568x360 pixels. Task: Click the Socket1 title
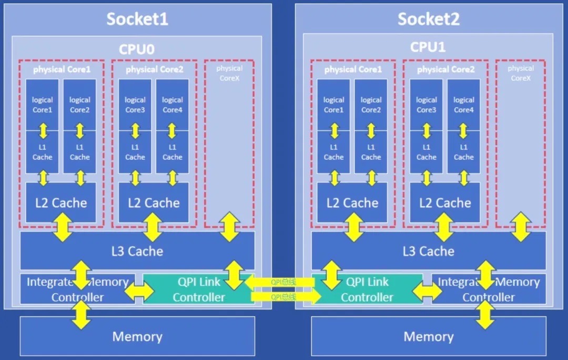pyautogui.click(x=137, y=19)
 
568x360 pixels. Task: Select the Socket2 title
pyautogui.click(x=428, y=19)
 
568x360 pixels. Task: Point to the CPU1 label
pyautogui.click(x=428, y=47)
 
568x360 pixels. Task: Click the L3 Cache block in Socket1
pyautogui.click(x=137, y=251)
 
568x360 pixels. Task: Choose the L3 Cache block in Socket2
pyautogui.click(x=428, y=251)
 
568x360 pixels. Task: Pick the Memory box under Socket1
pyautogui.click(x=137, y=336)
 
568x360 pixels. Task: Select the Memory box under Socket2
pyautogui.click(x=428, y=336)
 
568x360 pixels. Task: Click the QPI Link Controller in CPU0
pyautogui.click(x=198, y=289)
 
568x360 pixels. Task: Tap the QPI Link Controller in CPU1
pyautogui.click(x=367, y=289)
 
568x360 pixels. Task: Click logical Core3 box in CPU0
pyautogui.click(x=135, y=104)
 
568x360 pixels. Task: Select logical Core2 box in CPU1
pyautogui.click(x=371, y=104)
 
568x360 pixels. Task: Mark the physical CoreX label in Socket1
pyautogui.click(x=229, y=73)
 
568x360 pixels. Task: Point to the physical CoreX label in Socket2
pyautogui.click(x=521, y=73)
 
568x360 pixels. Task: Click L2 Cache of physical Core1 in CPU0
pyautogui.click(x=61, y=203)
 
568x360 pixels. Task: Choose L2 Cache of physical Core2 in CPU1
pyautogui.click(x=445, y=203)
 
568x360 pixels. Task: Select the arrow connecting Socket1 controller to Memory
pyautogui.click(x=81, y=316)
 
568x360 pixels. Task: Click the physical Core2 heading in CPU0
pyautogui.click(x=154, y=69)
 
